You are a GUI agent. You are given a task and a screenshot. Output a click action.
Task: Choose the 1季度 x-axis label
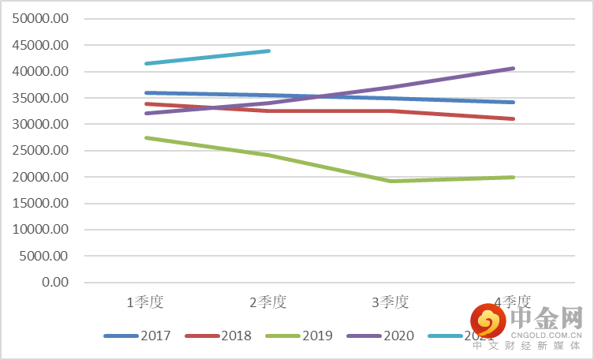coord(146,302)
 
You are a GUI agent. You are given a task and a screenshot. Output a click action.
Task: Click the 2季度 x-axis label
coord(268,302)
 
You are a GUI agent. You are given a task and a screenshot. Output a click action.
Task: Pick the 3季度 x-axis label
coord(390,302)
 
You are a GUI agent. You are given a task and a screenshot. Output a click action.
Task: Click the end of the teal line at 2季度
coord(269,51)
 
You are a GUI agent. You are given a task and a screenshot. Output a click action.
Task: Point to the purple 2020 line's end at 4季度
coord(514,69)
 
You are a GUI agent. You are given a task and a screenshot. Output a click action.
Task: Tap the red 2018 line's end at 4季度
coord(514,118)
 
